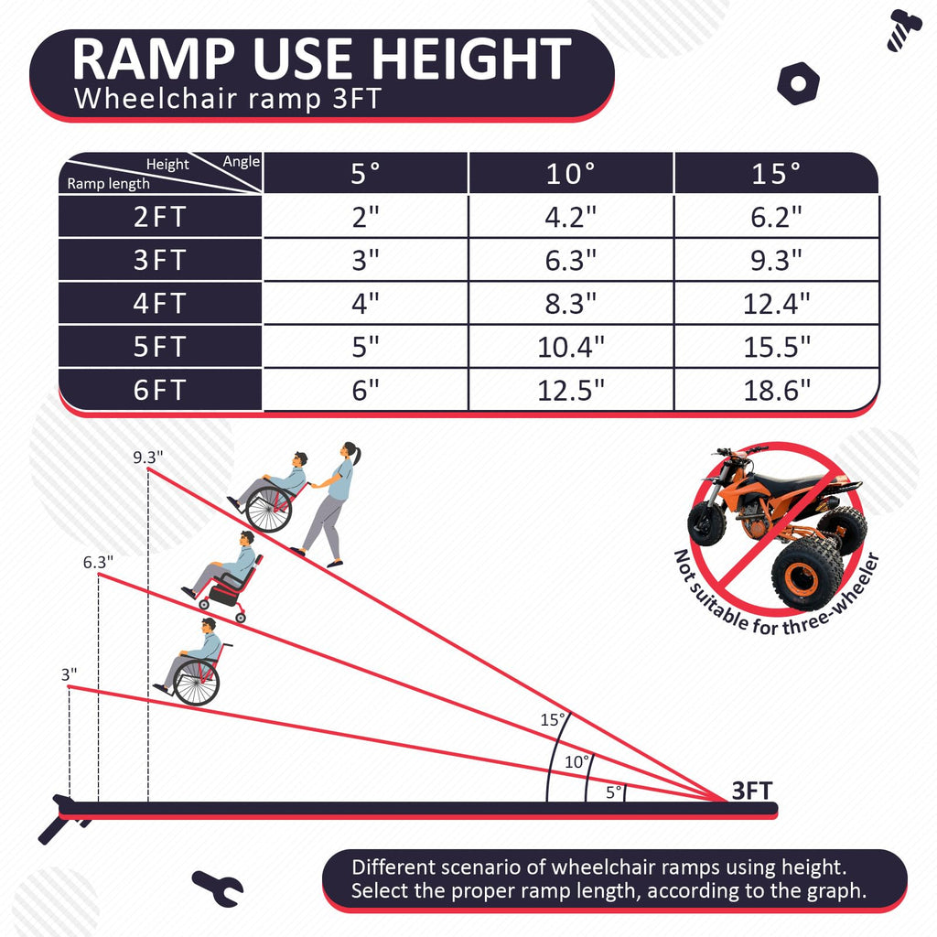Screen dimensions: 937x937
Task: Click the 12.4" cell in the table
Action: coord(776,304)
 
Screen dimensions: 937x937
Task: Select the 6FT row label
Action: coord(160,390)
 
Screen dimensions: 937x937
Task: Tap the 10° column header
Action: coord(571,173)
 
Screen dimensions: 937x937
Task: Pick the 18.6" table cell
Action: coord(776,390)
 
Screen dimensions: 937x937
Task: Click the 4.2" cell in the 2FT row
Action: coord(571,217)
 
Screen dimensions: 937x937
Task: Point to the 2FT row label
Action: coord(160,217)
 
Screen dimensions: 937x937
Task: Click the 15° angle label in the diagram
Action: coord(552,719)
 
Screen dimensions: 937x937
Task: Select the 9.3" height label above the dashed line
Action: coord(147,458)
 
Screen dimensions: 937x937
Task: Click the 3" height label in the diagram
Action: coord(70,674)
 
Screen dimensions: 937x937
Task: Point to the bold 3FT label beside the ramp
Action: coord(752,791)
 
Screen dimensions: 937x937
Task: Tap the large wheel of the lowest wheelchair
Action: coord(197,682)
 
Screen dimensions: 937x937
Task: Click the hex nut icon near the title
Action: coord(798,83)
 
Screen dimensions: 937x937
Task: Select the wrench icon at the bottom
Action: coord(218,888)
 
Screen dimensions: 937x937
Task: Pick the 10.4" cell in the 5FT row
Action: coord(571,347)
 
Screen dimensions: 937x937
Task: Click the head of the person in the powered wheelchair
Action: coord(246,538)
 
